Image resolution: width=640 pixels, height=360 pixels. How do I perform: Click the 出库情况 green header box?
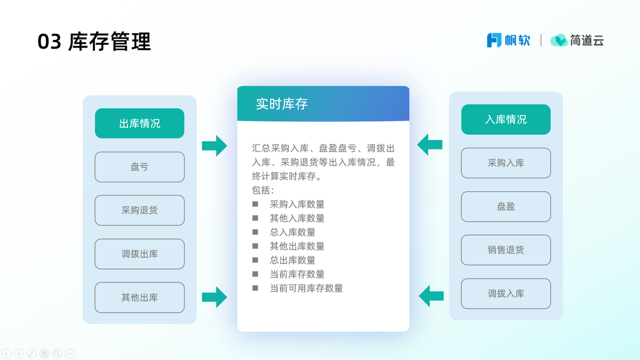(139, 123)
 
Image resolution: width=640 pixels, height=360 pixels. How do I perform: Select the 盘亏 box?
(139, 167)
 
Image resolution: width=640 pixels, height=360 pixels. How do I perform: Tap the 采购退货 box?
(139, 210)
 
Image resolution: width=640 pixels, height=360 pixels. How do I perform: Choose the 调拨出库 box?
(139, 254)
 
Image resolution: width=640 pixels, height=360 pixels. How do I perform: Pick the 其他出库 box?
(139, 298)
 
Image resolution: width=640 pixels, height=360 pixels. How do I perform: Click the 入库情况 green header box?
(506, 119)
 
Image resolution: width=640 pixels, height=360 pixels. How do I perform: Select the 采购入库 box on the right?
(506, 163)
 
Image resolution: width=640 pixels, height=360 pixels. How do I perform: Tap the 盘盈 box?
(506, 206)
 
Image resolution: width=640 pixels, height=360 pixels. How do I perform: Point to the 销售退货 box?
(506, 250)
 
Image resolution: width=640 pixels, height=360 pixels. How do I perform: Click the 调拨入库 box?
(506, 294)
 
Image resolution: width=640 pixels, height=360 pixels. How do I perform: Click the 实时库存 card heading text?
(282, 103)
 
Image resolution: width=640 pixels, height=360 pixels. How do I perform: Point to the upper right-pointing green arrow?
(214, 146)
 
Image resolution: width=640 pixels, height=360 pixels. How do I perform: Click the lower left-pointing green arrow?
(431, 296)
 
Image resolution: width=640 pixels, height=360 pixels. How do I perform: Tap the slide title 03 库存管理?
(94, 42)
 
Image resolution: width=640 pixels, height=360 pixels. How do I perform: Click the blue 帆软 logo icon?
(494, 40)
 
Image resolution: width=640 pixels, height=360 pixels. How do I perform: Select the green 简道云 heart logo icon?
(559, 40)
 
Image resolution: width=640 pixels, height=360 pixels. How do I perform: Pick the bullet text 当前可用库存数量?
(306, 289)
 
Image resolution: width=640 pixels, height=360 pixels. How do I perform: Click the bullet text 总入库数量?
(293, 232)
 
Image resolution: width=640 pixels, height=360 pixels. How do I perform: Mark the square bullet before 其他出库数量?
(255, 246)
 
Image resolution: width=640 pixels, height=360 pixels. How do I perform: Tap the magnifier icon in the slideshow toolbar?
(57, 354)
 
